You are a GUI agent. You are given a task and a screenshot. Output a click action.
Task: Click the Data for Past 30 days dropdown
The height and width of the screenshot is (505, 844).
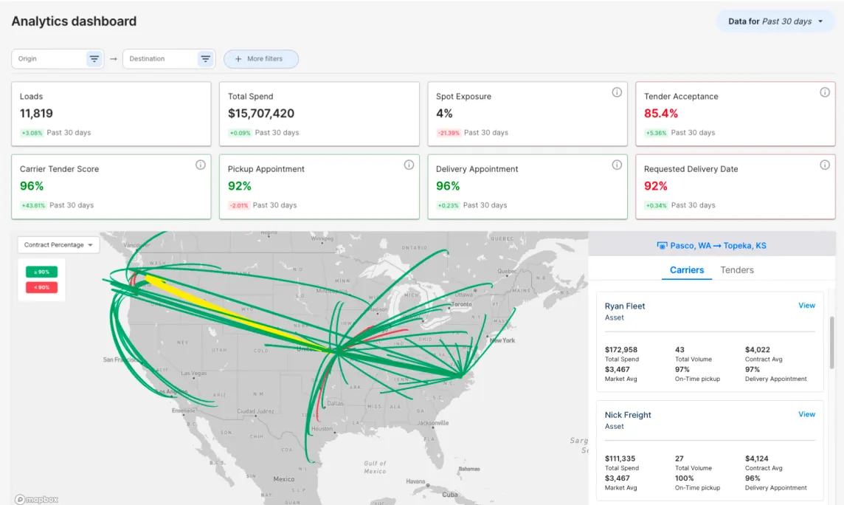pos(775,21)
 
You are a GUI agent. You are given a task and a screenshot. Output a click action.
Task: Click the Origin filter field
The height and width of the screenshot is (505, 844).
pos(48,59)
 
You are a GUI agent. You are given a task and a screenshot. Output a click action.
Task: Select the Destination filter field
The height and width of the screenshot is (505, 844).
pos(159,59)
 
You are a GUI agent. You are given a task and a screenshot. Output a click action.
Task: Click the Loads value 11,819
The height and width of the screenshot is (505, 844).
pos(36,114)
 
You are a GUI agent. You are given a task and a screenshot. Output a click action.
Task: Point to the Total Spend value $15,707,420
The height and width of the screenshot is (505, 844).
pos(261,114)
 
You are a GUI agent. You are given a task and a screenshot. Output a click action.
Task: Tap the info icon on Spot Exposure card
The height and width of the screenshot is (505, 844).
pos(617,92)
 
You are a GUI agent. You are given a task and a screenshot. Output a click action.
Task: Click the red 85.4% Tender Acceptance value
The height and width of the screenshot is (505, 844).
pos(661,114)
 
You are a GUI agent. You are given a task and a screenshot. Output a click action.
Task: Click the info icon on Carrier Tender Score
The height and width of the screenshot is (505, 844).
pos(200,165)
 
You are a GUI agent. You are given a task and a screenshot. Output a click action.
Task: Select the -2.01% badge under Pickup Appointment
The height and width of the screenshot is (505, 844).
pos(238,205)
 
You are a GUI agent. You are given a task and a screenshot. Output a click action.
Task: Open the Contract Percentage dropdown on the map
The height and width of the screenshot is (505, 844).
pos(58,245)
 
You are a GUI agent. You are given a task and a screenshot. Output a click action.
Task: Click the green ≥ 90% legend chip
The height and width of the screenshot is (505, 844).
pos(41,272)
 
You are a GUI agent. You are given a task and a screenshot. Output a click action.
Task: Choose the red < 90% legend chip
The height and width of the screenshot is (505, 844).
pos(41,287)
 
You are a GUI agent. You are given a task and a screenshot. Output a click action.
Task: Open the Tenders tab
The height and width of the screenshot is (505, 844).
pos(737,270)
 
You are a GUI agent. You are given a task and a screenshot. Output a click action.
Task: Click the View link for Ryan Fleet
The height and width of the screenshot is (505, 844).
pos(806,306)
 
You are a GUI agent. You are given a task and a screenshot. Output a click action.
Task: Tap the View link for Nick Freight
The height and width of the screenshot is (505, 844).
pos(806,414)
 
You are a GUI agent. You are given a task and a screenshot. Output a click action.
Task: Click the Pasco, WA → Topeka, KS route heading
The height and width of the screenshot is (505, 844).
pos(711,246)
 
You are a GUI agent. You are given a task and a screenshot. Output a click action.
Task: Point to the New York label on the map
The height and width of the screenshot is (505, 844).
pos(502,340)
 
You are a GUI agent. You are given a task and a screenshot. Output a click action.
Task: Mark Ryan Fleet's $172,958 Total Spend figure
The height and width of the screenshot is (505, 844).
pos(621,350)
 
